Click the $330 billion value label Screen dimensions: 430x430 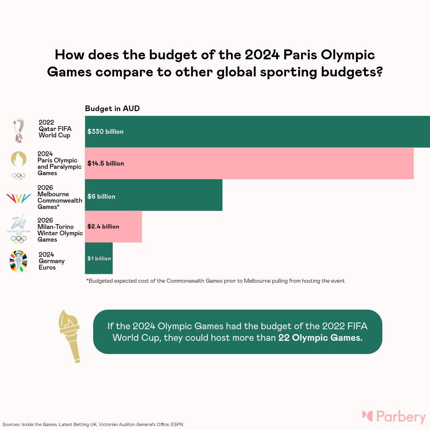point(106,132)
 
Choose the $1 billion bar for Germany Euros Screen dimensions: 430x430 point(99,258)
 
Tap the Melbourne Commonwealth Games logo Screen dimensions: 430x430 point(19,198)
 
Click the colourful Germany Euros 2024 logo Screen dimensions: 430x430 point(19,261)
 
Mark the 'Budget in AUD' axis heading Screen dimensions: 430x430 point(112,109)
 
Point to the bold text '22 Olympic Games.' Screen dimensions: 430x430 point(321,338)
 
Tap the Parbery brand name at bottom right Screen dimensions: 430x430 point(401,417)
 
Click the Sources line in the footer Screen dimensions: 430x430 point(92,424)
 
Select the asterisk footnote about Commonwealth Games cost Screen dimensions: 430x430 point(215,281)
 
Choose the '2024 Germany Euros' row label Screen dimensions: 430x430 point(52,261)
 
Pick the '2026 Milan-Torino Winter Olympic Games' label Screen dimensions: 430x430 point(60,230)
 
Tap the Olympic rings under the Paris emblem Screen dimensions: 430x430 point(19,176)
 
